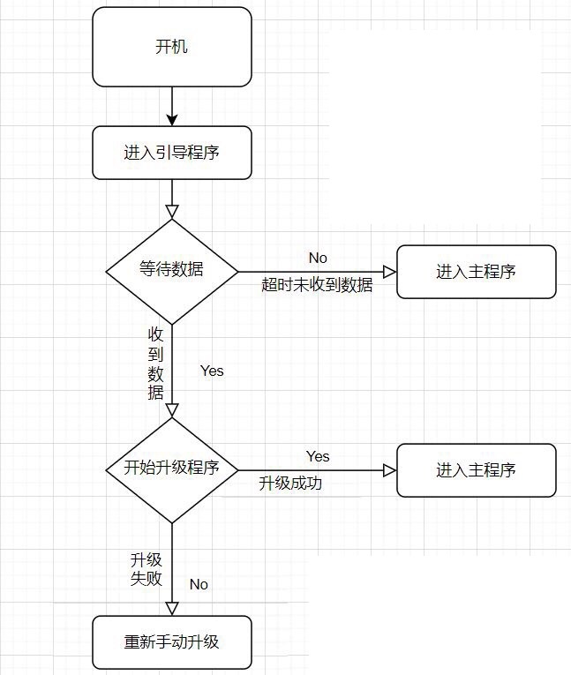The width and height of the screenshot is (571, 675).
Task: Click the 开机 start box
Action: tap(171, 47)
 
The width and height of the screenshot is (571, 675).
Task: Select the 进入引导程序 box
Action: tap(171, 153)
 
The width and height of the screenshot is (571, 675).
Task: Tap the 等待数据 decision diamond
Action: tap(171, 270)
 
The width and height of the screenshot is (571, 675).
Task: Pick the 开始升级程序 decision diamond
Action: tap(171, 469)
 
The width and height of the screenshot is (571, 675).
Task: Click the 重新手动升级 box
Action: tap(171, 641)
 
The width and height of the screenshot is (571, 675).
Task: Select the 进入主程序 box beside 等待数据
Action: tap(476, 272)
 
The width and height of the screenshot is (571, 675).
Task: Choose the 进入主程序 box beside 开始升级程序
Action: tap(476, 470)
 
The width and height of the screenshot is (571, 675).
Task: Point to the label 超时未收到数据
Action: tap(317, 285)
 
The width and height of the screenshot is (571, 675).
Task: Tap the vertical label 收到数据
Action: tap(155, 364)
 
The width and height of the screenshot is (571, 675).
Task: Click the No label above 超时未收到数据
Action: tap(318, 258)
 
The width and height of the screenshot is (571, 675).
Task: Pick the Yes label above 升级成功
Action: tap(318, 456)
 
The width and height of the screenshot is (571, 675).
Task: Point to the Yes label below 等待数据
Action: tap(212, 371)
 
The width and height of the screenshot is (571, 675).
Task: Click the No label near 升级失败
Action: tap(199, 584)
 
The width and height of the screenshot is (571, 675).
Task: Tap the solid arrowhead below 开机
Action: tap(172, 118)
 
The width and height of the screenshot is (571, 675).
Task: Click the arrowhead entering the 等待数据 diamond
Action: tap(172, 212)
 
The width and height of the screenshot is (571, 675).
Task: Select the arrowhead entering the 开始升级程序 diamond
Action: tap(172, 410)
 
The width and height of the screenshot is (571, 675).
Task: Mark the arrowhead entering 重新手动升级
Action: tap(172, 608)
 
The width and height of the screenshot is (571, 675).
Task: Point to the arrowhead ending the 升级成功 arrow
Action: tap(389, 470)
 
